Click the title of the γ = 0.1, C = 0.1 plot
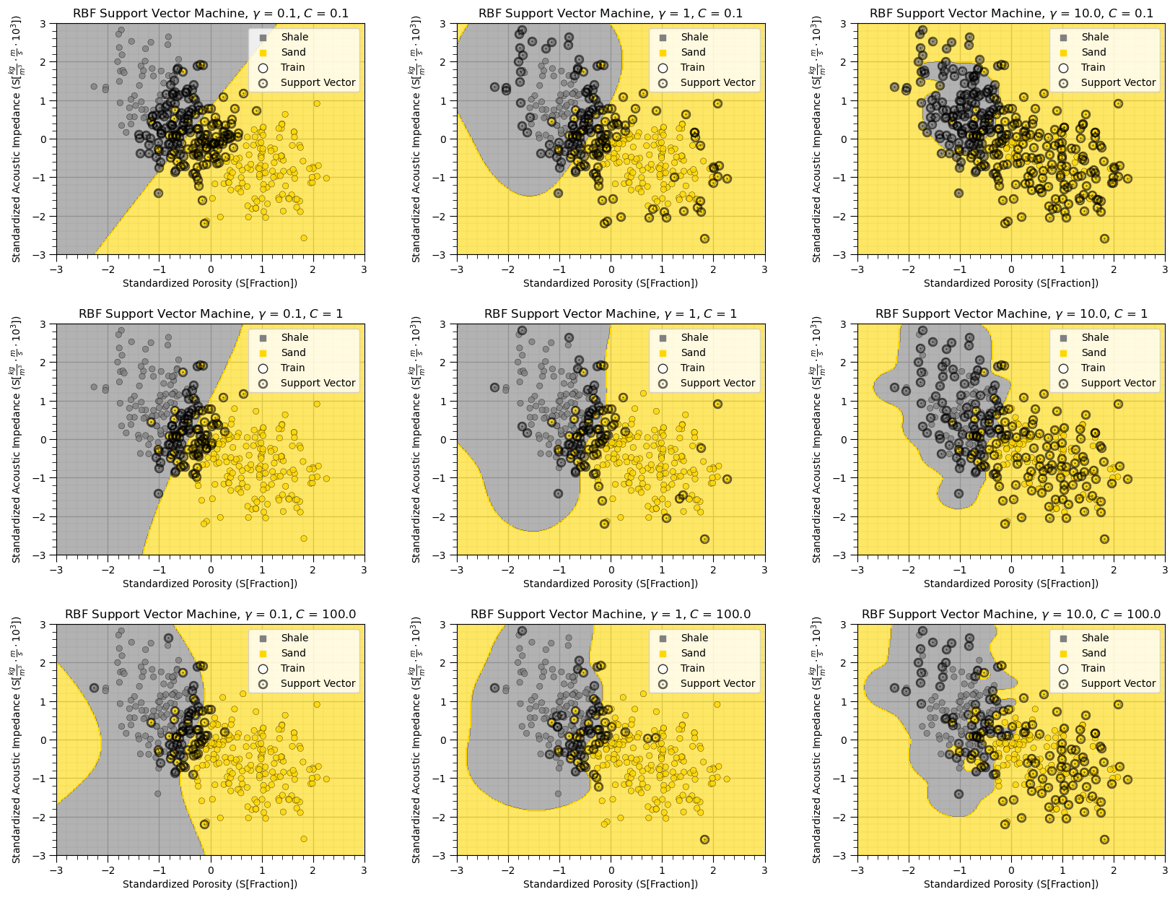pos(210,13)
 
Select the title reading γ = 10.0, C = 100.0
pos(1010,614)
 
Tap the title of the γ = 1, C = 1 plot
pos(611,313)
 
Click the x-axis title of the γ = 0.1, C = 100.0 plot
pos(210,884)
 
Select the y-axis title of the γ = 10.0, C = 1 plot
pos(818,439)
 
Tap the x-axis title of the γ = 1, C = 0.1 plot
pos(611,283)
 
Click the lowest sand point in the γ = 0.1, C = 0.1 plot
pos(304,238)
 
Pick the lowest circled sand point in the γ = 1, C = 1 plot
pos(704,539)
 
